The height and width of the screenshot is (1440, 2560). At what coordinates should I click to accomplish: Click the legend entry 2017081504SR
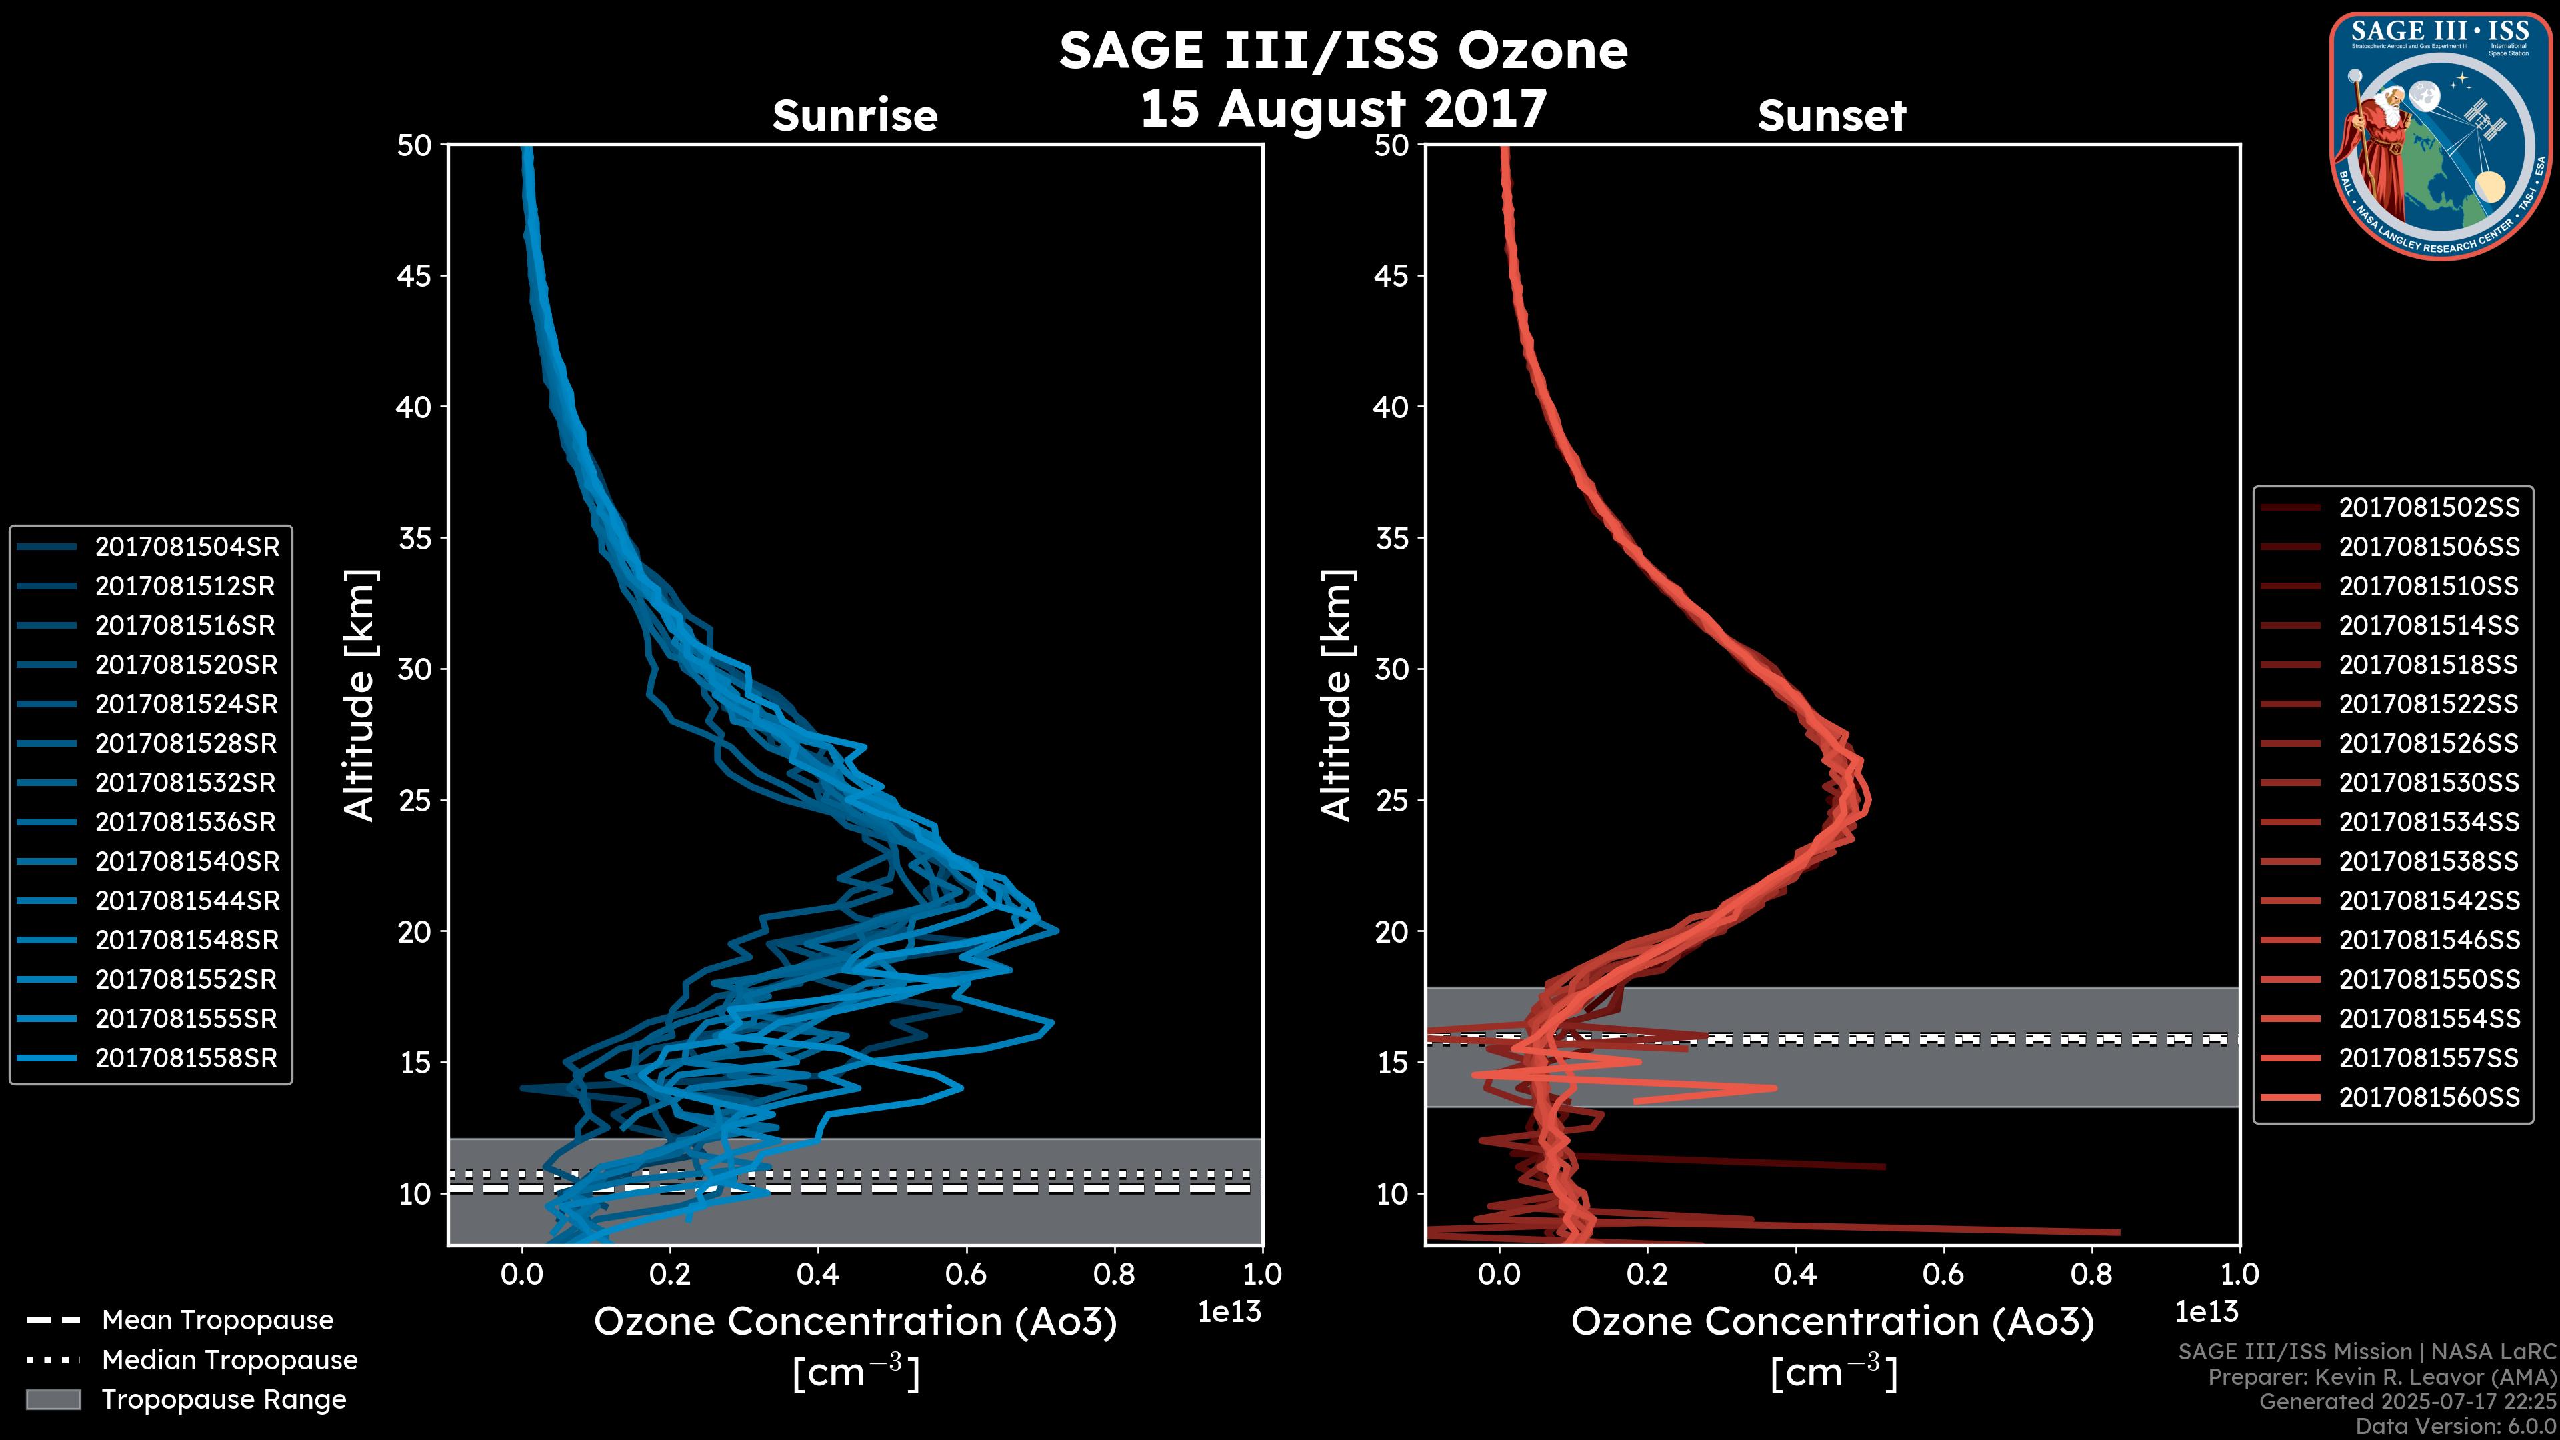tap(187, 547)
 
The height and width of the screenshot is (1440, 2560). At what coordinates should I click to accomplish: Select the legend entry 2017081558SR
tap(187, 1059)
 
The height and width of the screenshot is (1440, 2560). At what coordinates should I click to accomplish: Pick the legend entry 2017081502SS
tap(2429, 508)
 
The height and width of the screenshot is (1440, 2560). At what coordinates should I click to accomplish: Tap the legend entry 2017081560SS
tap(2429, 1097)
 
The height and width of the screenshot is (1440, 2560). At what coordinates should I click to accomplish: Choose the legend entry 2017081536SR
tap(186, 822)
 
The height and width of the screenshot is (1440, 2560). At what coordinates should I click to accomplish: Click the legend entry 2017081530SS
tap(2429, 783)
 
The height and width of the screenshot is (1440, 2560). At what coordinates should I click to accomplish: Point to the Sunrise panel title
tap(855, 115)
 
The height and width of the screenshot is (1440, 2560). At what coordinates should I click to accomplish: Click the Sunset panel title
tap(1831, 115)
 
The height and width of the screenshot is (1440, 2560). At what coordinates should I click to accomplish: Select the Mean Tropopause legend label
tap(217, 1320)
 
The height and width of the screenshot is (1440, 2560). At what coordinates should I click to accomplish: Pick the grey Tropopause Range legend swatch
tap(53, 1399)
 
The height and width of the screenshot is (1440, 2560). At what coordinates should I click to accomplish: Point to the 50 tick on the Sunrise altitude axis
tap(415, 145)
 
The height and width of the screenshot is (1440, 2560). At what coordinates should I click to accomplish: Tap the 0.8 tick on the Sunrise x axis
tap(1114, 1274)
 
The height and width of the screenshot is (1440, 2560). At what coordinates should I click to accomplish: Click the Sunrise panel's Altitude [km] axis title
tap(360, 695)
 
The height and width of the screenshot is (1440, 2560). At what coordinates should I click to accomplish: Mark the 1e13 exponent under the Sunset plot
tap(2206, 1312)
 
